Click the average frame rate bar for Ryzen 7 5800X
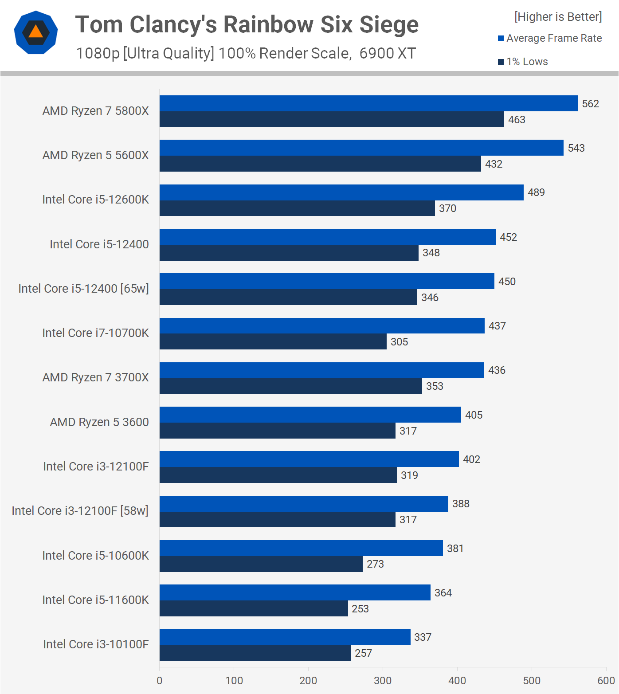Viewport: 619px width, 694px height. [368, 103]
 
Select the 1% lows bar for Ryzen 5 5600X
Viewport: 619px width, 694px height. [320, 164]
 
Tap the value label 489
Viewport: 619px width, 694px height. [536, 192]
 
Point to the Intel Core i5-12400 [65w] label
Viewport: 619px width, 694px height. [83, 289]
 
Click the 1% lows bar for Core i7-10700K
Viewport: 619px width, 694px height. [273, 341]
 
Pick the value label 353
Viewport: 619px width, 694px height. [435, 386]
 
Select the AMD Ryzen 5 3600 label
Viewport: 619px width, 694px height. [99, 422]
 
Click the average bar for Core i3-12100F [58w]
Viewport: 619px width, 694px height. [304, 504]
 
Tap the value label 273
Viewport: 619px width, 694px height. [375, 564]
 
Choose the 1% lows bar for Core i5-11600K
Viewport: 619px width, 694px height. [254, 608]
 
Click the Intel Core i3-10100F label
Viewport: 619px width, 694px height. [96, 644]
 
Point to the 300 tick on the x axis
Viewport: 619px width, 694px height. [383, 681]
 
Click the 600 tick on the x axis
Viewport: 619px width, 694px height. [606, 681]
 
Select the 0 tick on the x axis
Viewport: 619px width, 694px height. [160, 681]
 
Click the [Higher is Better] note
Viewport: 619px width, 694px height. [558, 17]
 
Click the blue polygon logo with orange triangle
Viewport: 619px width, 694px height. [36, 32]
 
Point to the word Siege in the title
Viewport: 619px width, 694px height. [389, 24]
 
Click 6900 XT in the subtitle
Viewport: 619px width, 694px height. [388, 53]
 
